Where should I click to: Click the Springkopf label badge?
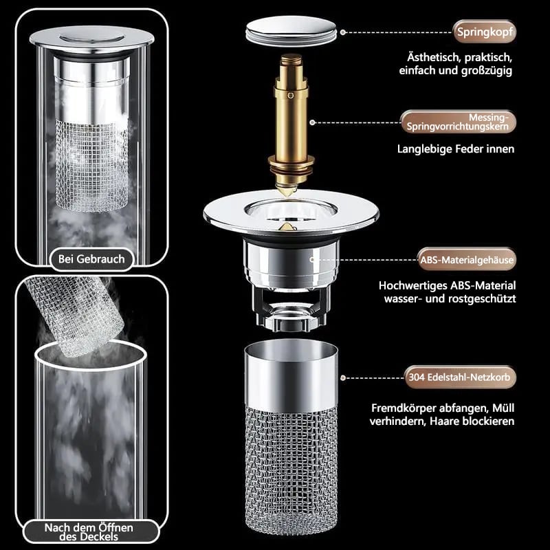(x=485, y=32)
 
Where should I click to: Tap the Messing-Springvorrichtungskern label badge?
(x=458, y=122)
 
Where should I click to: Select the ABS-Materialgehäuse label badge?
(x=467, y=260)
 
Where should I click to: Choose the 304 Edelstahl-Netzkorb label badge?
(x=460, y=377)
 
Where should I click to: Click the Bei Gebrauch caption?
(x=91, y=259)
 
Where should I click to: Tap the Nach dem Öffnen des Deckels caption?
(x=89, y=532)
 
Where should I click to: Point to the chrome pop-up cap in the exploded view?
(x=291, y=32)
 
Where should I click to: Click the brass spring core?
(x=291, y=123)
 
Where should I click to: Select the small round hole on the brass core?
(x=290, y=96)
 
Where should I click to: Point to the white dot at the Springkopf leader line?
(x=343, y=32)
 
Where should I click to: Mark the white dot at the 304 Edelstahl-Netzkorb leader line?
(x=343, y=377)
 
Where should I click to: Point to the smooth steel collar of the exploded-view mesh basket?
(x=291, y=377)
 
